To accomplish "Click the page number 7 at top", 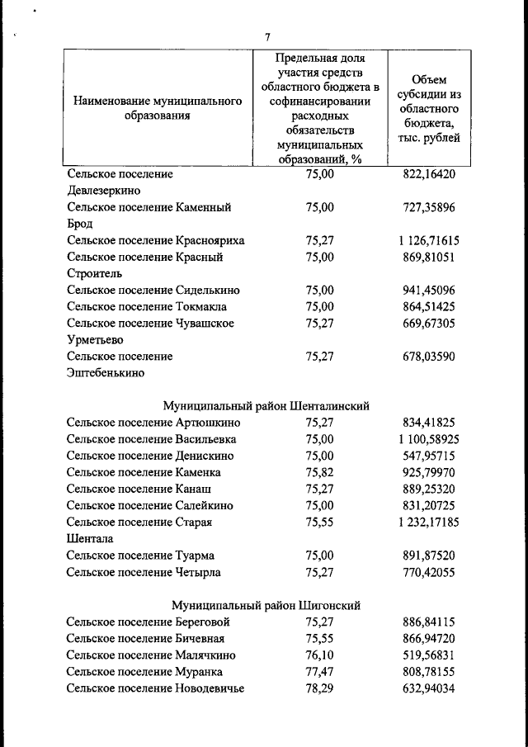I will point(267,36).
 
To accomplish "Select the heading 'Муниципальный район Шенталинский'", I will point(266,406).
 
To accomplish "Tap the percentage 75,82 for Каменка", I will point(319,472).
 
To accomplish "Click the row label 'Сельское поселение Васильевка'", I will point(152,439).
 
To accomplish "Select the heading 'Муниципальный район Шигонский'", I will point(266,605).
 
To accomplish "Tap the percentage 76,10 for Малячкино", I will point(319,655).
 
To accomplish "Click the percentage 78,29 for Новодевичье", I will point(319,688).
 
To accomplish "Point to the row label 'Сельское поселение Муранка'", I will point(144,672).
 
